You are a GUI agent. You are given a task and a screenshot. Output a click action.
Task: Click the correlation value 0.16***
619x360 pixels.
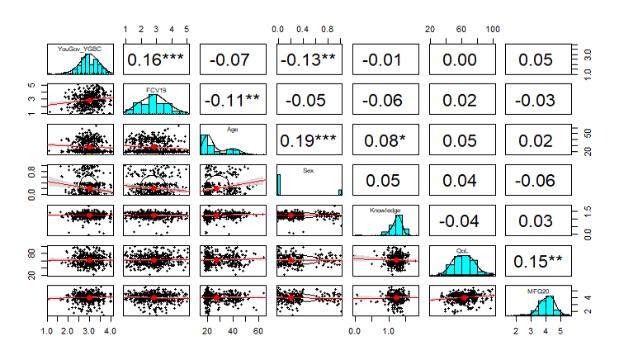(156, 59)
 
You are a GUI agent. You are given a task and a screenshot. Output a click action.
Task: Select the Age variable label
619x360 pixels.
(232, 128)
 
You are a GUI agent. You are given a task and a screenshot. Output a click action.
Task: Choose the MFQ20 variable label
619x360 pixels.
(539, 291)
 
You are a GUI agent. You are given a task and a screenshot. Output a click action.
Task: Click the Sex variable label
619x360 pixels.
(309, 169)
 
